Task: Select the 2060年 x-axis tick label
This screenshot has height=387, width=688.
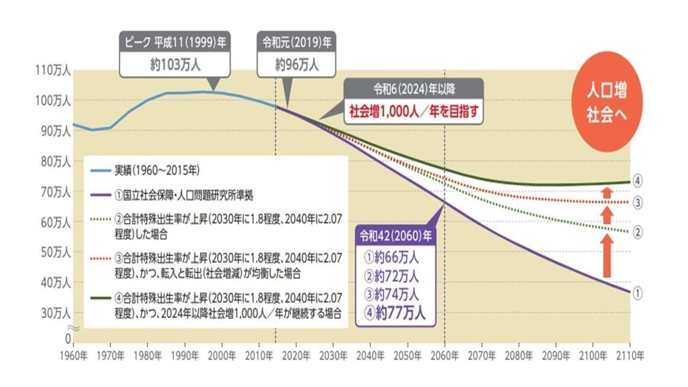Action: click(445, 355)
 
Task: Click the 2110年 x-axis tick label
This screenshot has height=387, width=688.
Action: click(629, 355)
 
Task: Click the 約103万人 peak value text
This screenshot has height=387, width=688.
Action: click(175, 65)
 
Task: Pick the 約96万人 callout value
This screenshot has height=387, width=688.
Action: click(297, 65)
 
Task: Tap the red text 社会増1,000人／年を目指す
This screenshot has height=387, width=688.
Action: click(413, 112)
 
